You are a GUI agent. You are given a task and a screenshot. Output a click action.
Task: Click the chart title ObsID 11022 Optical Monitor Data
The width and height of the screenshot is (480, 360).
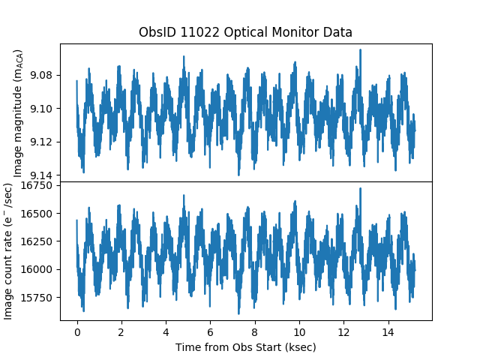click(245, 33)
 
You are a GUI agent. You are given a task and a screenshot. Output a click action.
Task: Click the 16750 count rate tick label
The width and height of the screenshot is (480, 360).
click(38, 186)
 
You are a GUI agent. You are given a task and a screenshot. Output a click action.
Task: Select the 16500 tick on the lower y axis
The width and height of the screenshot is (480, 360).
click(38, 214)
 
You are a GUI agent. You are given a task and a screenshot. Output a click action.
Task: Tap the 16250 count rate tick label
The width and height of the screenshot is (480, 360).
click(38, 241)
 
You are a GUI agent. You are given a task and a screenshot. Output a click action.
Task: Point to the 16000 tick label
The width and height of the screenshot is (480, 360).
click(38, 269)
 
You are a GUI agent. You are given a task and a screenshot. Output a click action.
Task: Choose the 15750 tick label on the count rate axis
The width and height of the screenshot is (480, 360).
click(38, 298)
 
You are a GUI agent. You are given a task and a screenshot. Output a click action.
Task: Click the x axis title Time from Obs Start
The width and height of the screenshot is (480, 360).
click(245, 347)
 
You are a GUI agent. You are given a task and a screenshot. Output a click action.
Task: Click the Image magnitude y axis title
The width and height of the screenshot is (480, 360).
click(19, 112)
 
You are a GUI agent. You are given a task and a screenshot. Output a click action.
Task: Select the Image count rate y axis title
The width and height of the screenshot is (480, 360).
click(9, 250)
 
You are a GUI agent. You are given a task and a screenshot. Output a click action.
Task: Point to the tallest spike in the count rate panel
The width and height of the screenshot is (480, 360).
click(361, 189)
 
